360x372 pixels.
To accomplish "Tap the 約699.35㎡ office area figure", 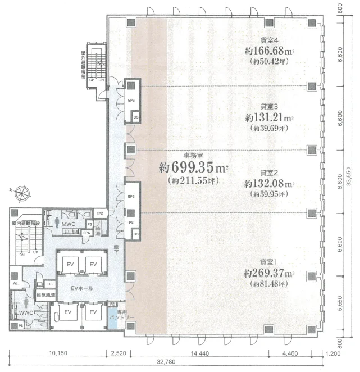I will (x=194, y=168).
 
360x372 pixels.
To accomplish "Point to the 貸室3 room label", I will (x=270, y=106).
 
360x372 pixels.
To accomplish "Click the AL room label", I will (x=16, y=284).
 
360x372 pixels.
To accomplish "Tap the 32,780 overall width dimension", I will (x=171, y=364).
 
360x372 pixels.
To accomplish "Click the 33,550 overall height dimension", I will (x=349, y=179).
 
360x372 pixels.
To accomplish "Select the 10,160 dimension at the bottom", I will (x=57, y=353).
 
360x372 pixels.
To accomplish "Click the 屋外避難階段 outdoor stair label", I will (x=81, y=62).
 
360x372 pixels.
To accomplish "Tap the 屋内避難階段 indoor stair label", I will (x=26, y=223).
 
